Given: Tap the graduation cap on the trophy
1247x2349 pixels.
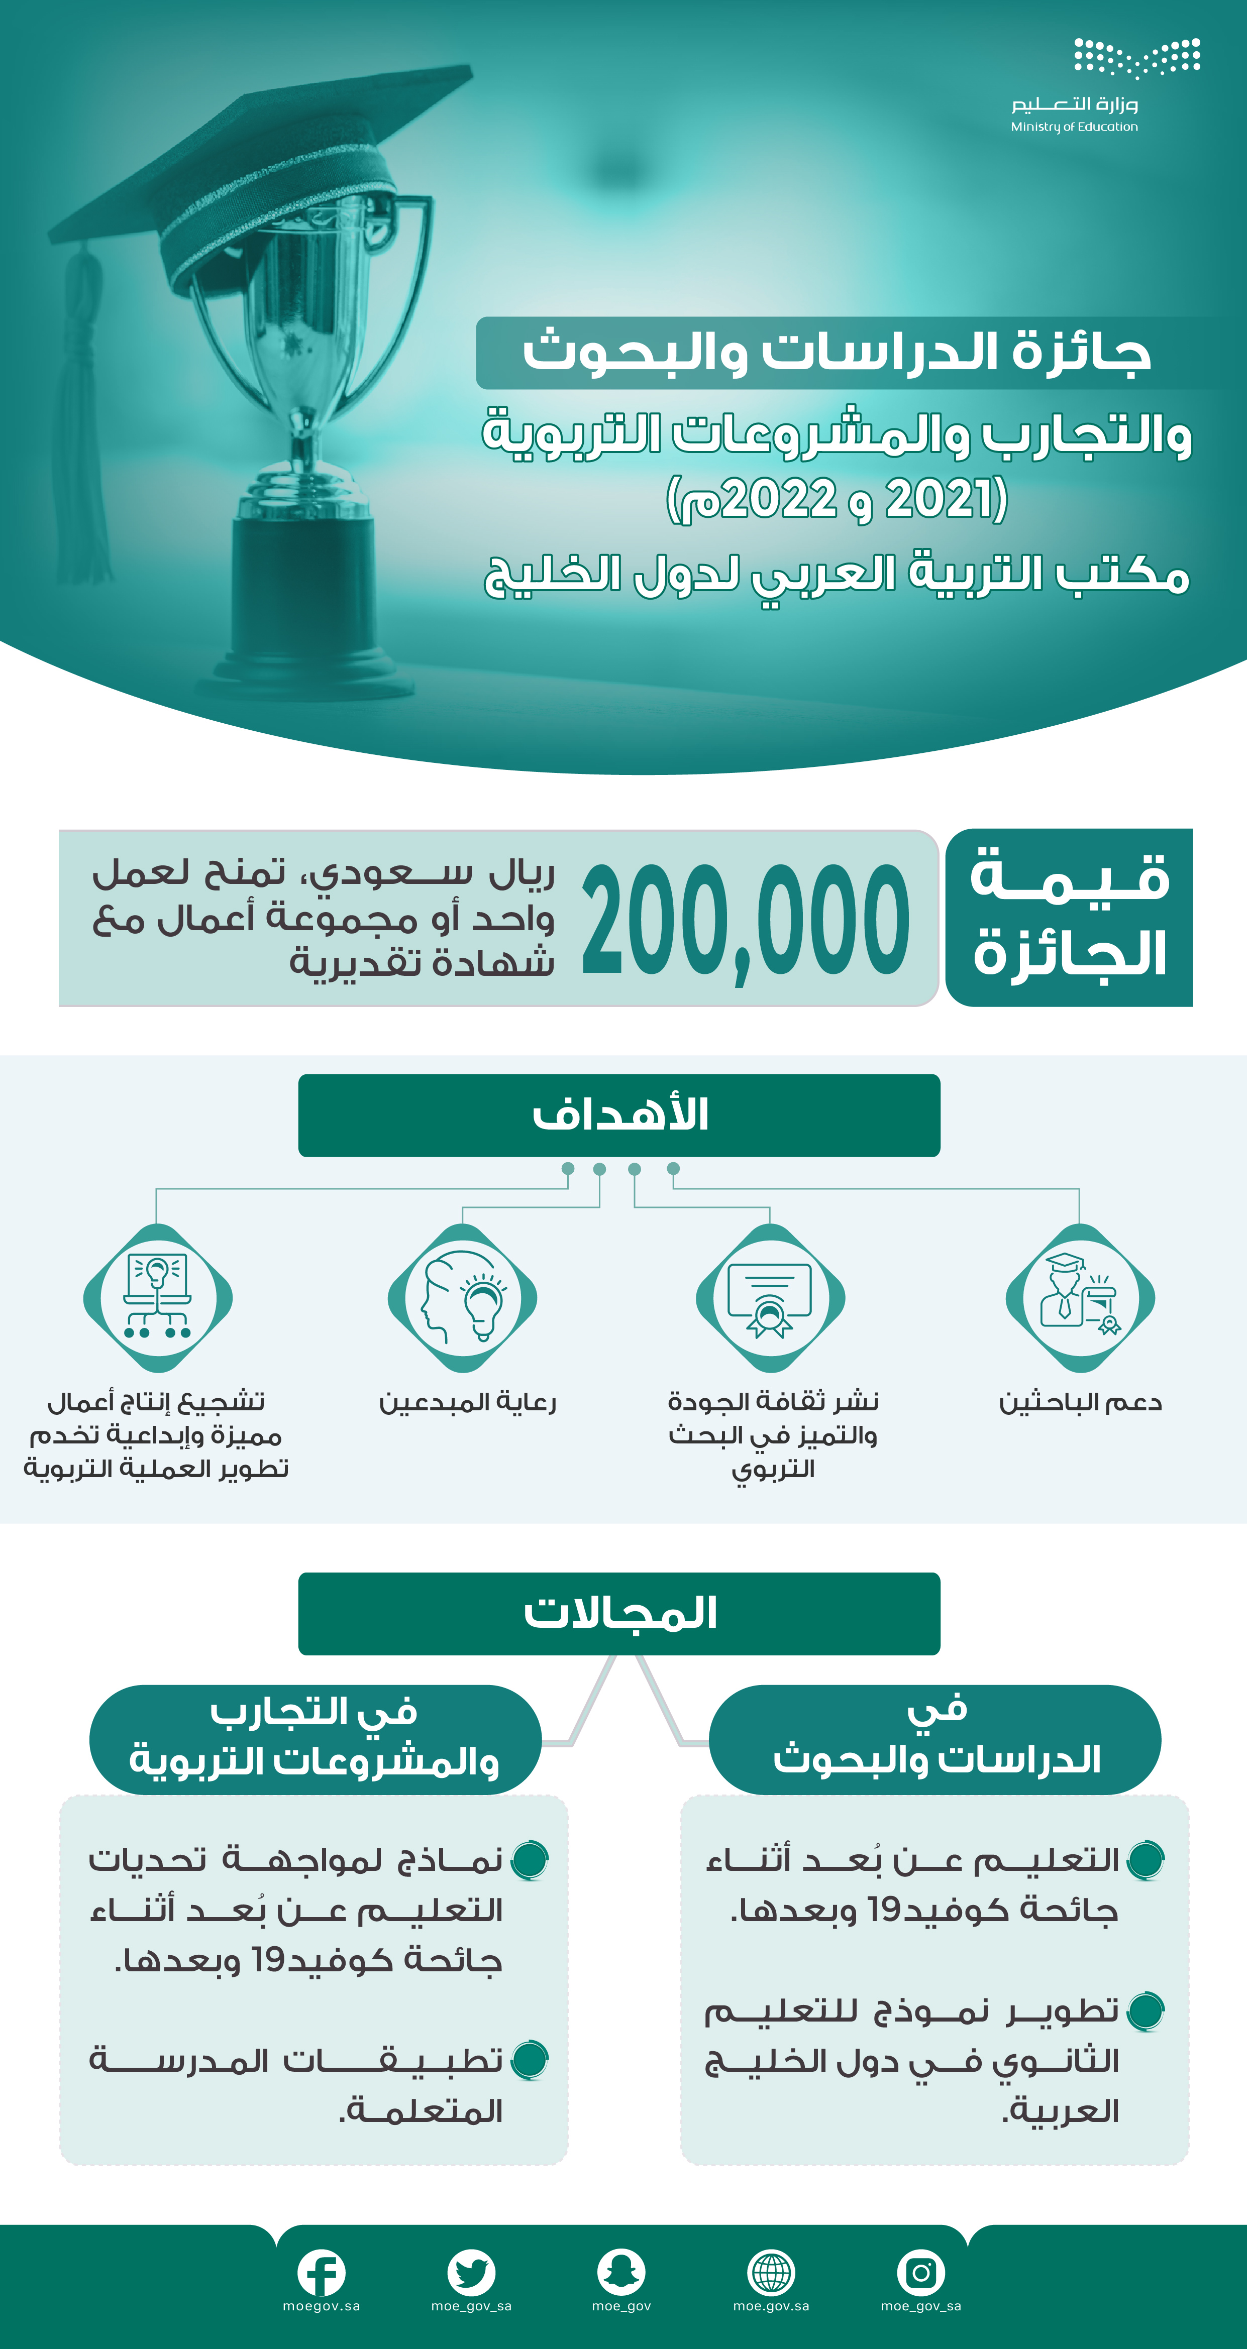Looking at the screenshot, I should point(265,173).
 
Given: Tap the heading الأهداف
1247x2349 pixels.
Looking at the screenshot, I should point(619,1115).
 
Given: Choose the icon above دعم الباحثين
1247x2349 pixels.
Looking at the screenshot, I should point(1080,1298).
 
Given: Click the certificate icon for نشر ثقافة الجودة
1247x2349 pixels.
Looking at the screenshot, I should point(770,1298).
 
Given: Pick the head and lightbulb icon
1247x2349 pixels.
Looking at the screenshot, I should point(463,1298).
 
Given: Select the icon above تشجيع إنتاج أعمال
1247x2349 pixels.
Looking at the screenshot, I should point(158,1298).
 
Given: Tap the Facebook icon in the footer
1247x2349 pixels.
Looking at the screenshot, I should point(321,2272).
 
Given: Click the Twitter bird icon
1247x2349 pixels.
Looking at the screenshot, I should point(471,2272).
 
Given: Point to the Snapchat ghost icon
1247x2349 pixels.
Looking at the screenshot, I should point(621,2272).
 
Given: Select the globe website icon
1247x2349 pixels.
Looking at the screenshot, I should point(771,2272).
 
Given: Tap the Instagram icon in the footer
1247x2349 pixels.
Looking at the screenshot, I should point(920,2272).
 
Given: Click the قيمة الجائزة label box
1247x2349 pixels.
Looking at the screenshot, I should point(1069,917).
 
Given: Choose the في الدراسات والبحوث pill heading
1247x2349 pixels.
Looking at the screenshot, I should point(935,1739).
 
